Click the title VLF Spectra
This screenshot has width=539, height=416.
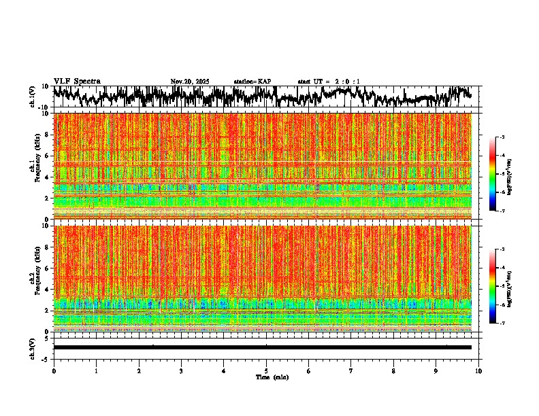[77, 82]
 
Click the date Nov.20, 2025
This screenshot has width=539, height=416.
[190, 82]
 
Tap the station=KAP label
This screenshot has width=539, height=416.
[252, 82]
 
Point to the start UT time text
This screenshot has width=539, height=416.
[329, 82]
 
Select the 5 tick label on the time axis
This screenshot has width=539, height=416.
[266, 371]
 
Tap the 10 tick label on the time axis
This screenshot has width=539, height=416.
[479, 371]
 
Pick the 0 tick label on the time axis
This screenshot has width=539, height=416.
[54, 371]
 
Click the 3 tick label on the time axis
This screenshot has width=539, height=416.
[181, 371]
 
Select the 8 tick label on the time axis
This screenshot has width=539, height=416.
[393, 371]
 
